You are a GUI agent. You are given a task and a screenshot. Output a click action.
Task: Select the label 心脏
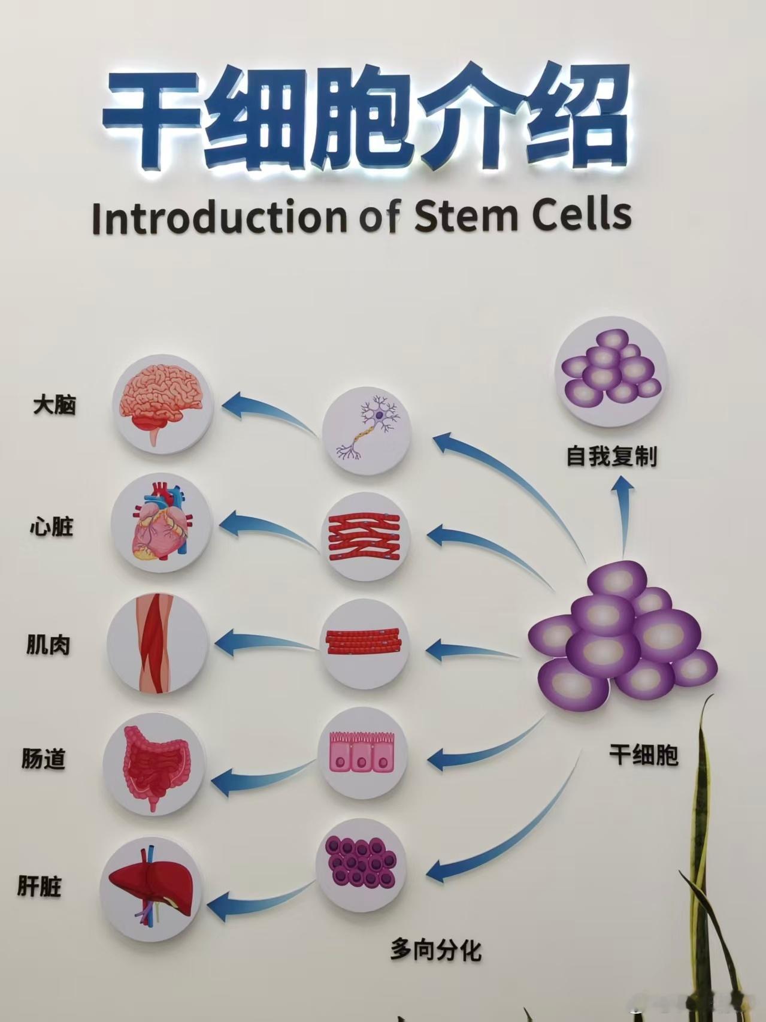point(52,527)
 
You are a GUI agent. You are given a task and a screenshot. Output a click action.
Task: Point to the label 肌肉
point(49,645)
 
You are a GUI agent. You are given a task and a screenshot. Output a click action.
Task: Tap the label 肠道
point(44,760)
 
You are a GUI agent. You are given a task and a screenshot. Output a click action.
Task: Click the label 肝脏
point(40,886)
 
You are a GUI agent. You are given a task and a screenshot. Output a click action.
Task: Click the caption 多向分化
point(435,950)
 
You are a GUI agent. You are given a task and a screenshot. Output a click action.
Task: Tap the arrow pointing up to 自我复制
point(623,515)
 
